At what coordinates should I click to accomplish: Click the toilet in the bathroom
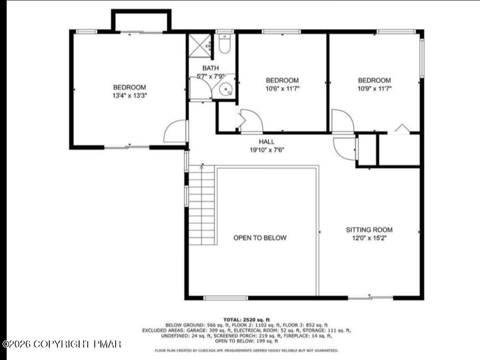pos(224,45)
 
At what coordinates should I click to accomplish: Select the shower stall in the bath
pos(199,46)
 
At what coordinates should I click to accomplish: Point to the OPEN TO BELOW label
pos(260,238)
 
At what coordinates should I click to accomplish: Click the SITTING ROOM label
pos(369,230)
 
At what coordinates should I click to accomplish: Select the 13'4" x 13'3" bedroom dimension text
pos(129,95)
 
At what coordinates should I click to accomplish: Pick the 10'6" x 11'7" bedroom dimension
pos(282,88)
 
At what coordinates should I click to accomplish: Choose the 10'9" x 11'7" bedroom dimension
pos(375,88)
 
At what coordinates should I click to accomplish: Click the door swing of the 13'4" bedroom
pos(176,132)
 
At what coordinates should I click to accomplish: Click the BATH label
pos(211,68)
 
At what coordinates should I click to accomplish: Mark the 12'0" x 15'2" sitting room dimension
pos(369,238)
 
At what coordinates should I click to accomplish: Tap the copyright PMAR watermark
pos(62,344)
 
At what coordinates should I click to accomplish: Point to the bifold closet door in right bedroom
pos(402,128)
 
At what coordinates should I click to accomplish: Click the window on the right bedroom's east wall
pos(422,58)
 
